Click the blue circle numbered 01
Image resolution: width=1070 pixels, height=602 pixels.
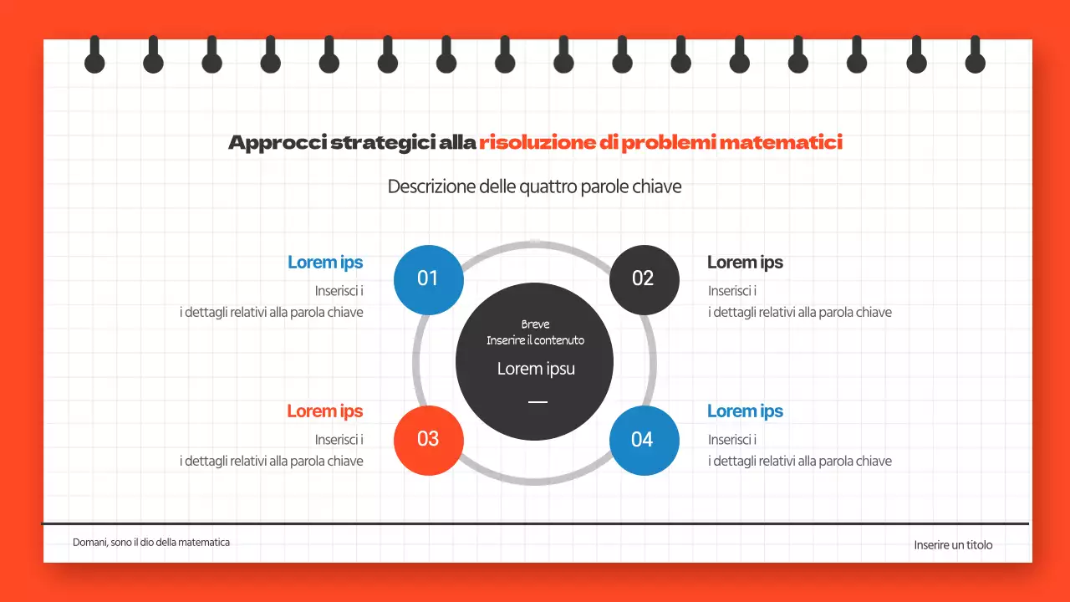428,279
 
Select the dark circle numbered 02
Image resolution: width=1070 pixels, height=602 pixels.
643,279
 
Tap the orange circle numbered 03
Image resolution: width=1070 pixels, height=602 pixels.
428,440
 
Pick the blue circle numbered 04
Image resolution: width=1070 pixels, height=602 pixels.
643,440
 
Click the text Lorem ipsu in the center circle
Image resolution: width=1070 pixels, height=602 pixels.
536,369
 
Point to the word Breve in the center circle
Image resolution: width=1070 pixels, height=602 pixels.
536,324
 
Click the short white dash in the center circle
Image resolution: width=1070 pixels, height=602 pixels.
538,402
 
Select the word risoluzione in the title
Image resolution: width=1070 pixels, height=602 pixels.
537,143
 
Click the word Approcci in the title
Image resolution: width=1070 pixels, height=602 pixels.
277,143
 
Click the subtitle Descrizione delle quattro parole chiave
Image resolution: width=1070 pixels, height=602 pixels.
534,186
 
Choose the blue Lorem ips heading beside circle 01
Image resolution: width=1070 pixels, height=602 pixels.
325,263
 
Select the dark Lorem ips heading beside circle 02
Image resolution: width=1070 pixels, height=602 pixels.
745,263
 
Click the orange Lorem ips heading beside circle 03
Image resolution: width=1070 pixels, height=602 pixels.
325,411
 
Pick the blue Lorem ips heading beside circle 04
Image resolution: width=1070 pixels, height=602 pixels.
745,411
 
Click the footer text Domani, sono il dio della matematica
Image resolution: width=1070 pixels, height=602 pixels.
151,543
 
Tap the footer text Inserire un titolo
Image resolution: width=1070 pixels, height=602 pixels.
953,545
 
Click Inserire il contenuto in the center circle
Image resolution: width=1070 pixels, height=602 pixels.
536,340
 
